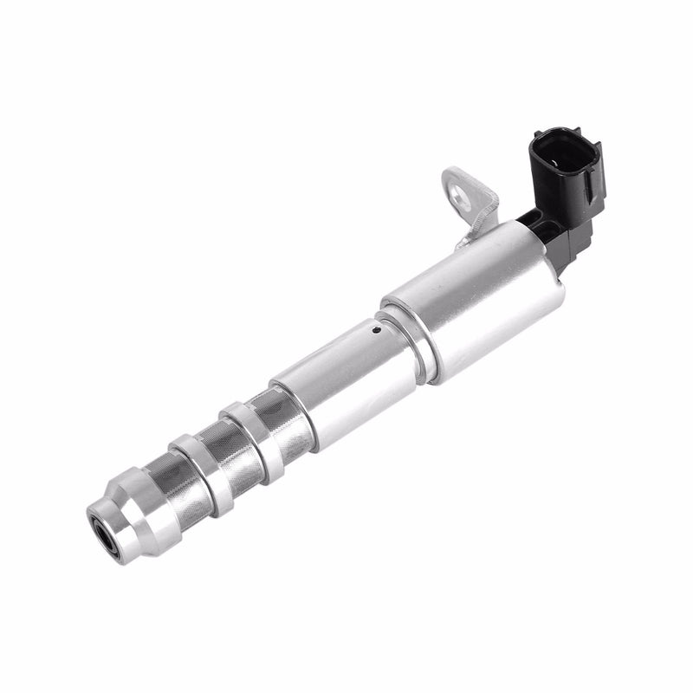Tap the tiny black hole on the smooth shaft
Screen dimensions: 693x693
(375, 329)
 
